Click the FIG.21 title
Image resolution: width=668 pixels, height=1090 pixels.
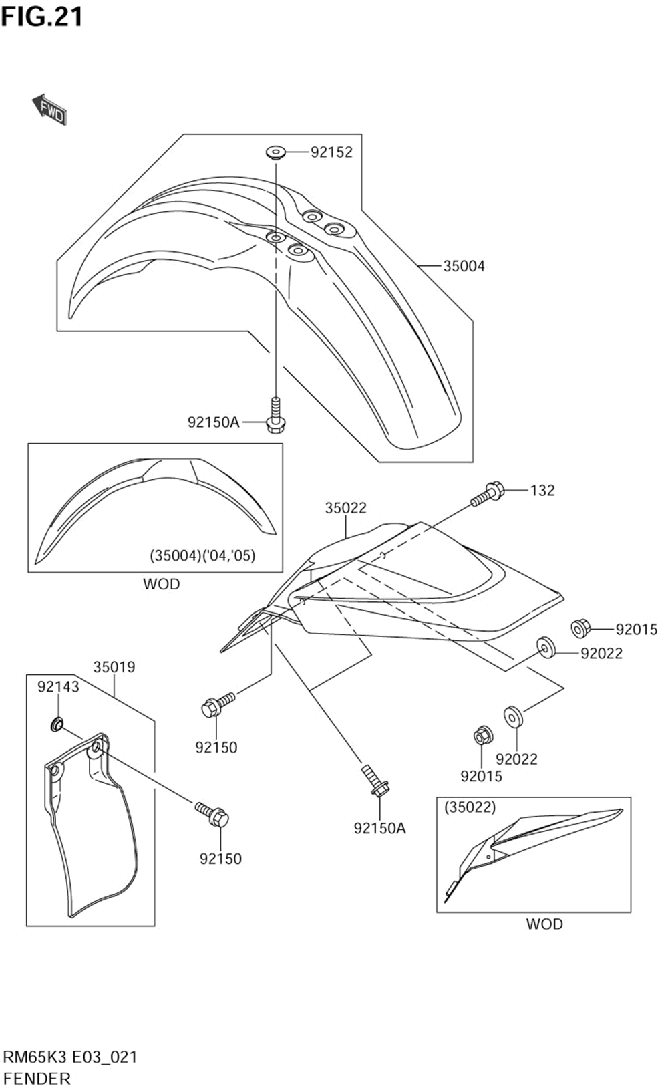42,17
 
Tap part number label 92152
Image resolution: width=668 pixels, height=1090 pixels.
331,152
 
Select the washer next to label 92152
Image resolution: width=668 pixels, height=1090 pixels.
275,152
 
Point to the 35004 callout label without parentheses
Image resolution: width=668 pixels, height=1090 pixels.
464,266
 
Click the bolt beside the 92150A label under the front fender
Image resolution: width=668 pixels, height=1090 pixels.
275,416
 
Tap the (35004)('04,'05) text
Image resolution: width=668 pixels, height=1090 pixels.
202,555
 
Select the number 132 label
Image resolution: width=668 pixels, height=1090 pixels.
542,491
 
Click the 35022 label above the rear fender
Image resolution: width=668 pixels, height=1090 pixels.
346,508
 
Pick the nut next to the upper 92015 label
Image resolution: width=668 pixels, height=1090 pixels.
580,628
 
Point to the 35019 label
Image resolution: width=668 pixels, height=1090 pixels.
114,667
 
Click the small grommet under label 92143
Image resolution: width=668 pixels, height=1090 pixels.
58,723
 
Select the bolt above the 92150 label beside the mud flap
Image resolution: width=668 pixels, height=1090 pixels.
212,813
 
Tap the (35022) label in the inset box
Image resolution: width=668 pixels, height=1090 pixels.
470,807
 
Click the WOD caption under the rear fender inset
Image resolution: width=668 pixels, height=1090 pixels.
544,924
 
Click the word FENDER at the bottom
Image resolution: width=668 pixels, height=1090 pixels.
37,1078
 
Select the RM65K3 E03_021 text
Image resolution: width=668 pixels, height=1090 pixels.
71,1057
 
